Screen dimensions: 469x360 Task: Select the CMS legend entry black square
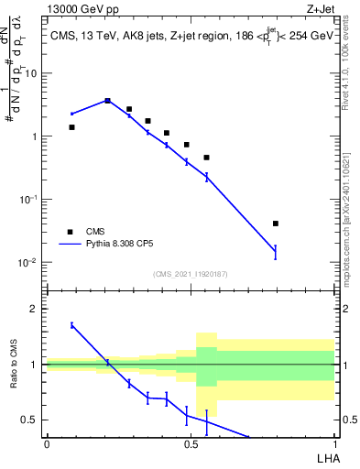[69, 232]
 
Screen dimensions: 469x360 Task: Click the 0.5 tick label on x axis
[191, 444]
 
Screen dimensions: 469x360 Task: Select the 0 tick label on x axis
[47, 444]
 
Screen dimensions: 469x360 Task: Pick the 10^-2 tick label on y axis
[29, 263]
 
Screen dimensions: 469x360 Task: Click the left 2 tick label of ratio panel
[37, 310]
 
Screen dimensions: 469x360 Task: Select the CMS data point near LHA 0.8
[275, 224]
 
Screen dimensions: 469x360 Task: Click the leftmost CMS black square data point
[72, 127]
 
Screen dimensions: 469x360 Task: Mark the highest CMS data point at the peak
[108, 101]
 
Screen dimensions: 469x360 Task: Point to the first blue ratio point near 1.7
[72, 325]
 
